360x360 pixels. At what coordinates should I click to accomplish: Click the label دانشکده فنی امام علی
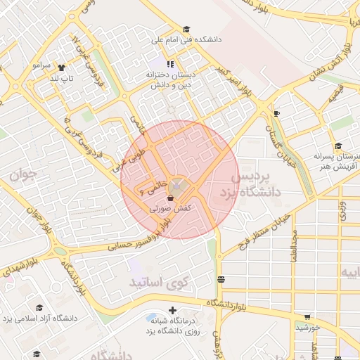click(192, 40)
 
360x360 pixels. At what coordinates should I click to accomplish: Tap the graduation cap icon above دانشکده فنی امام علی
click(186, 30)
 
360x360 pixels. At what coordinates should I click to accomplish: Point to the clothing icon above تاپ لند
click(61, 68)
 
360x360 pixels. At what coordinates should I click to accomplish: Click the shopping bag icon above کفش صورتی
click(171, 198)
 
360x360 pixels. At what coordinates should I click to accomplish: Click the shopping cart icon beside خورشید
click(307, 316)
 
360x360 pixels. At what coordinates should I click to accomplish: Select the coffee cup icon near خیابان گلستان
click(276, 113)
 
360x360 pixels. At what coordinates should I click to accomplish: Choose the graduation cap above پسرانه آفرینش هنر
click(338, 146)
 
